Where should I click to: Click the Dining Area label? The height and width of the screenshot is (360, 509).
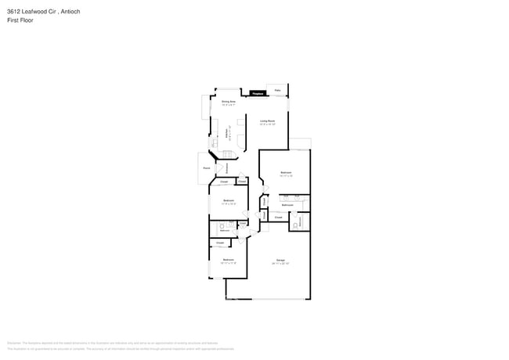228,102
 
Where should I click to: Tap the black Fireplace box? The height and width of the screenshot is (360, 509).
255,94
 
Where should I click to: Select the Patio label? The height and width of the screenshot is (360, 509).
277,90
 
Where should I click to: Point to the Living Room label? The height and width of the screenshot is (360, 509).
267,121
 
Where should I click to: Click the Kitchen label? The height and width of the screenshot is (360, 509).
227,134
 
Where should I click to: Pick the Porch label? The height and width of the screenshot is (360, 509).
206,167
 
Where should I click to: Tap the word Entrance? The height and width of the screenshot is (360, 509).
227,167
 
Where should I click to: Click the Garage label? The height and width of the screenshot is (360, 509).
280,260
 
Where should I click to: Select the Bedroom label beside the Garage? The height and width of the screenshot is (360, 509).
228,260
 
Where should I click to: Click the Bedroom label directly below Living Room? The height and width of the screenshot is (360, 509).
286,172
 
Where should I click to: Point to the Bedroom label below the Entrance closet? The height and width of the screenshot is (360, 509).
228,201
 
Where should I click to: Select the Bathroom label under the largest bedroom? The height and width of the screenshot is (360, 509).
287,204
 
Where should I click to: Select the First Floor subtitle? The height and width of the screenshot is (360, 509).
20,20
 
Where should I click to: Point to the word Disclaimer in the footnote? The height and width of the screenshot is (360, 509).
13,343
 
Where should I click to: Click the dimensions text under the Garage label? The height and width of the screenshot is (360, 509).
280,264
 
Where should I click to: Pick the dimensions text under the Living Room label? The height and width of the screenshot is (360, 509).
267,124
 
